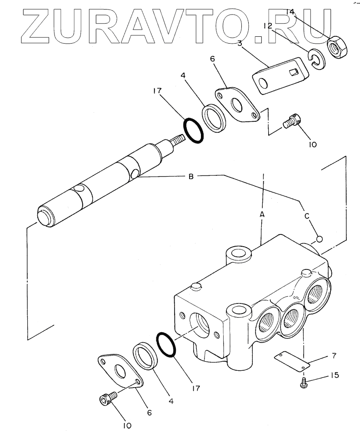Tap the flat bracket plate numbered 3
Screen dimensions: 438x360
tap(278, 76)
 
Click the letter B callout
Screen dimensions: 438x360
tap(191, 177)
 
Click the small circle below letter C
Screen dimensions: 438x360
tap(319, 239)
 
